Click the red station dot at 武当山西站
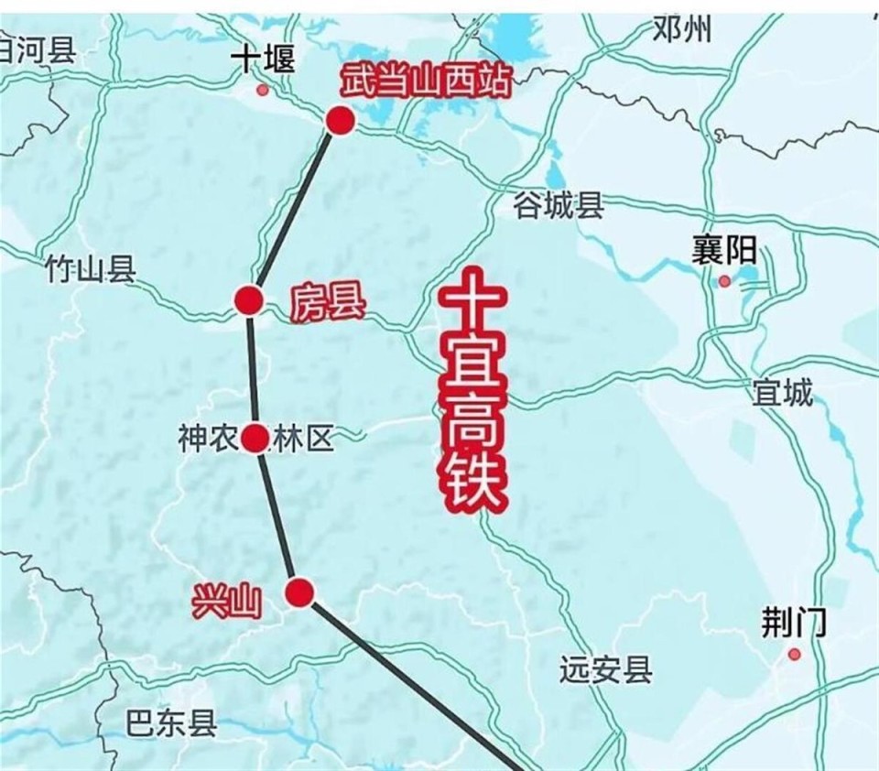tap(340, 121)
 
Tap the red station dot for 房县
tap(248, 300)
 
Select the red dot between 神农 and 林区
tap(255, 440)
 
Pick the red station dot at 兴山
tap(299, 593)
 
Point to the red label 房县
tap(327, 302)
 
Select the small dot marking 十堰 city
tap(263, 90)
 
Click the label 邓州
tap(683, 30)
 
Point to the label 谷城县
tap(559, 206)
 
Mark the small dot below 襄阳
tap(725, 281)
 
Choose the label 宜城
tap(782, 393)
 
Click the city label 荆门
tap(794, 624)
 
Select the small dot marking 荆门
tap(794, 655)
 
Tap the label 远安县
tap(606, 671)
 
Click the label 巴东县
tap(171, 723)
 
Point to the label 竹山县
tap(90, 269)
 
